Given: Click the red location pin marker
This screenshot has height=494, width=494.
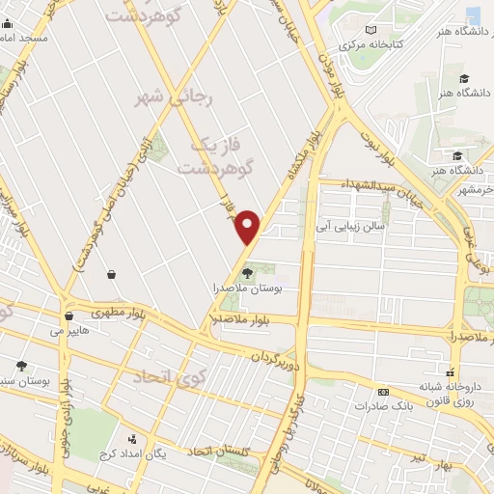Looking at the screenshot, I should tap(249, 226).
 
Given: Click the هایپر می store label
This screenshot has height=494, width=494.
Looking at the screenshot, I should tap(69, 330).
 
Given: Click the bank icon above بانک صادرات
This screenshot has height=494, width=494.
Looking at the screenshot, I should tap(383, 392).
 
